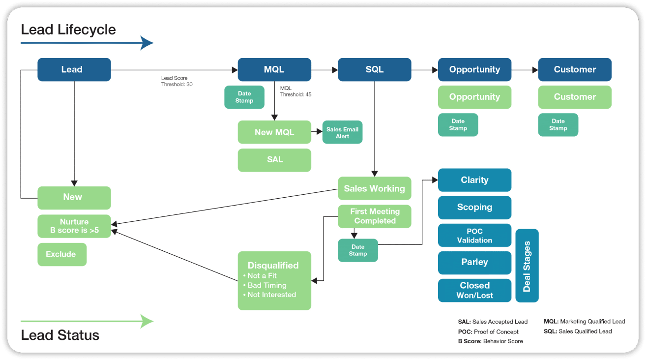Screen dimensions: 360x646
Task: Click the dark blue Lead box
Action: point(74,69)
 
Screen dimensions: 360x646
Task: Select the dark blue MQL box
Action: point(274,69)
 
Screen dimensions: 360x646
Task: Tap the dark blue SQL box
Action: point(374,69)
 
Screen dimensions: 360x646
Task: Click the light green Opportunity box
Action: point(474,97)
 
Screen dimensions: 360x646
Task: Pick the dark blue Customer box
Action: point(575,69)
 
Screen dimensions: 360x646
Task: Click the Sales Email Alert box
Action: point(342,132)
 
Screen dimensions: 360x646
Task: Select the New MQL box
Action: point(274,132)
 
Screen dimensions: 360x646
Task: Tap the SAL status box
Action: point(274,160)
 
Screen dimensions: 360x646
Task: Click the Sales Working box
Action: point(374,188)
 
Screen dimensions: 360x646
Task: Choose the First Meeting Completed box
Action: point(374,216)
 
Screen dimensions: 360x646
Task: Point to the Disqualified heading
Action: point(273,265)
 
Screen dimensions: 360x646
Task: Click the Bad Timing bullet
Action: point(267,285)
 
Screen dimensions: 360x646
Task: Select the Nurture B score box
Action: point(74,226)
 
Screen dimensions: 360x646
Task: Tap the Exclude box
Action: point(61,254)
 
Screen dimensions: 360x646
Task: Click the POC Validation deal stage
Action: point(474,236)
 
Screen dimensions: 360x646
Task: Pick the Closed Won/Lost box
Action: point(474,290)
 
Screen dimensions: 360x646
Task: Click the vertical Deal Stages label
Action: point(527,266)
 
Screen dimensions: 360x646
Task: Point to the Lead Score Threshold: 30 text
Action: point(175,81)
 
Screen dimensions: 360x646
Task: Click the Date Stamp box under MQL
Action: point(244,97)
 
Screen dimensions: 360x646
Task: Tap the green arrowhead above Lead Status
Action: point(147,322)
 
